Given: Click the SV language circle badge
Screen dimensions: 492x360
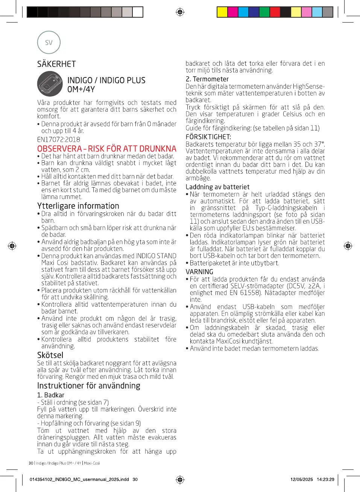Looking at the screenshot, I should pyautogui.click(x=49, y=42).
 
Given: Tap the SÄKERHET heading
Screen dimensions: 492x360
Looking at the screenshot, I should pyautogui.click(x=56, y=64).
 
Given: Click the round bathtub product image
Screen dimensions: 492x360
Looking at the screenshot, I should pyautogui.click(x=50, y=84).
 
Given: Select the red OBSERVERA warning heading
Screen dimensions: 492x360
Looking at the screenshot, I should pyautogui.click(x=106, y=148).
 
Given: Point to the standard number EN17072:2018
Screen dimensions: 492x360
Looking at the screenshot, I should pyautogui.click(x=58, y=139).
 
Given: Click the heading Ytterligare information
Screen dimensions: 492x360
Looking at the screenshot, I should pyautogui.click(x=78, y=206).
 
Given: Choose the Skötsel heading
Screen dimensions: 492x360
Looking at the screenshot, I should pyautogui.click(x=50, y=355).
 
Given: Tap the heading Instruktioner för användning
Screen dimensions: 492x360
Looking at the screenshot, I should pyautogui.click(x=89, y=386).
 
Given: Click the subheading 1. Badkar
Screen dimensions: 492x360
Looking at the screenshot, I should pyautogui.click(x=51, y=395).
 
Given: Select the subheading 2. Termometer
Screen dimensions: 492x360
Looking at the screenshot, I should pyautogui.click(x=207, y=79).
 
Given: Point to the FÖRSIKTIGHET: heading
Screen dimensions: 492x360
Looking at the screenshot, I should pyautogui.click(x=208, y=137).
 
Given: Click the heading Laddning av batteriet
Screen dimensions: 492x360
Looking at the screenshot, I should pyautogui.click(x=217, y=187).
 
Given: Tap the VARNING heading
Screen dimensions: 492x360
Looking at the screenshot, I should pyautogui.click(x=199, y=272).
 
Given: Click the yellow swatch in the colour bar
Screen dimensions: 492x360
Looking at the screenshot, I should pyautogui.click(x=222, y=12).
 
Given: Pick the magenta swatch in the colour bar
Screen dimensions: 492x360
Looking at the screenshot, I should pyautogui.click(x=233, y=12).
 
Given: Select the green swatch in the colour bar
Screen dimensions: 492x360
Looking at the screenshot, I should pyautogui.click(x=264, y=12).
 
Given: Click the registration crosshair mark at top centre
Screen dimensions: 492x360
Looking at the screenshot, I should pyautogui.click(x=180, y=12).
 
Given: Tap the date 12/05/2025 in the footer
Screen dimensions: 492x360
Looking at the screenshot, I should pyautogui.click(x=301, y=479).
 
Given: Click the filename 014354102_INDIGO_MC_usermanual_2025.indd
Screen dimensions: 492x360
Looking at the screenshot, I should pyautogui.click(x=79, y=479).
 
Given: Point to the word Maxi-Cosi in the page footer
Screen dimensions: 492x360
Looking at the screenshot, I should pyautogui.click(x=92, y=463).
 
